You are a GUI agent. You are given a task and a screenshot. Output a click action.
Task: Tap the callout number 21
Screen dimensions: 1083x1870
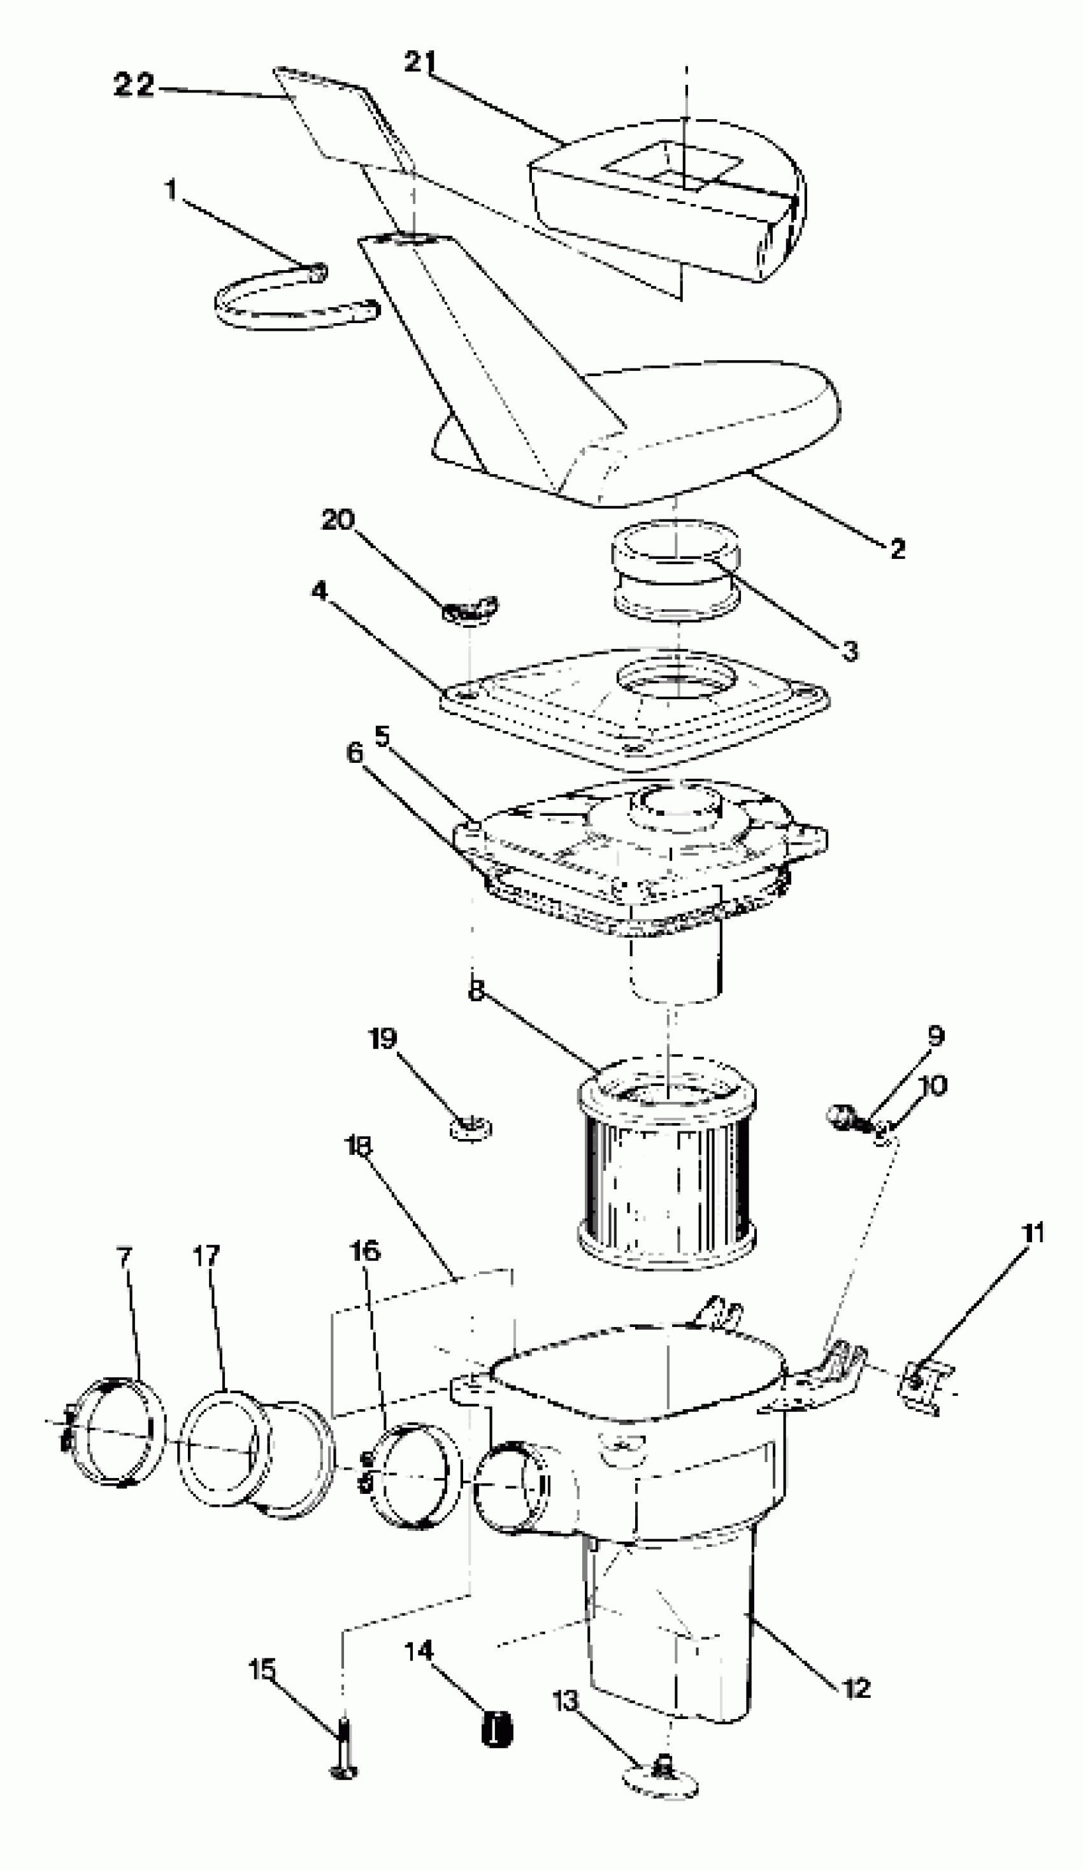pos(420,62)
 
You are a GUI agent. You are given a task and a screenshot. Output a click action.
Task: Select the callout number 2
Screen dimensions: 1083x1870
pos(898,549)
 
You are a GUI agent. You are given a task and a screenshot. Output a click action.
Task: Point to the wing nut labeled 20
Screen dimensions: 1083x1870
pos(470,610)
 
